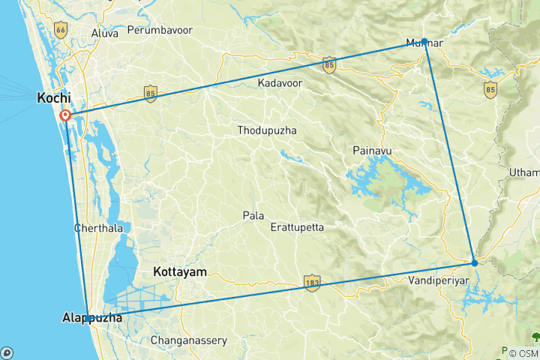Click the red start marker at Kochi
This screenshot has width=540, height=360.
[65, 115]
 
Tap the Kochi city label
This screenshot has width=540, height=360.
[54, 98]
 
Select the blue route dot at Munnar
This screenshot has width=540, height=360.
[424, 41]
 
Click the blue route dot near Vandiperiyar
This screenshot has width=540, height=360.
[474, 262]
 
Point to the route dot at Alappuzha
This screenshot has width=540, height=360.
[88, 319]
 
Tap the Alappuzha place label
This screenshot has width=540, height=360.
[91, 319]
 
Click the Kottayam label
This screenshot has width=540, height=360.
[179, 272]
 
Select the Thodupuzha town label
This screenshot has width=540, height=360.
[266, 130]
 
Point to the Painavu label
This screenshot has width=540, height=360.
[372, 151]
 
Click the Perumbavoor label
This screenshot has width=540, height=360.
[160, 31]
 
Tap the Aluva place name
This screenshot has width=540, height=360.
[104, 34]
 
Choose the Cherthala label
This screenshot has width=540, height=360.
[96, 227]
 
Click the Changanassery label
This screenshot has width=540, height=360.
[189, 340]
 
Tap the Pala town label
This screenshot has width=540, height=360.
[253, 215]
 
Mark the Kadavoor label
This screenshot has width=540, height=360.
[280, 82]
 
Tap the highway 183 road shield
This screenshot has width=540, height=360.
[311, 282]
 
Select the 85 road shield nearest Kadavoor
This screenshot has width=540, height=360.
[329, 65]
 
